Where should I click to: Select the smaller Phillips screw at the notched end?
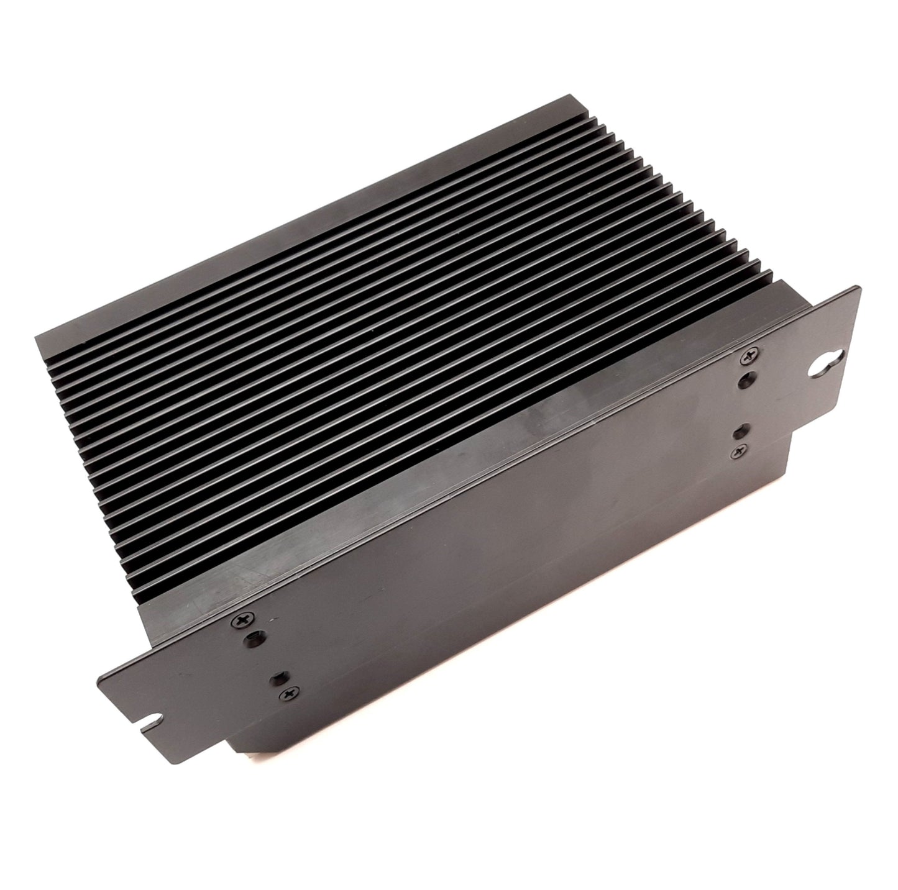[x=288, y=692]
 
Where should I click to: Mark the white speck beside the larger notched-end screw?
[x=268, y=620]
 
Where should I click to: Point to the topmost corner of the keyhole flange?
[x=856, y=287]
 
